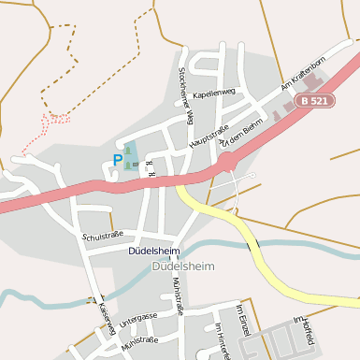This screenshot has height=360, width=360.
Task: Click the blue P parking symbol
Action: coord(117,160)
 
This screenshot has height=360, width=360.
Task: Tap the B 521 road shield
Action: coord(314,100)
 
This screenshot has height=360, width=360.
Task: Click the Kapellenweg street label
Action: coord(214,94)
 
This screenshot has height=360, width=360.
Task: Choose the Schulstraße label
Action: coord(103,236)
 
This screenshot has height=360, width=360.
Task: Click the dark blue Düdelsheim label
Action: coord(155,252)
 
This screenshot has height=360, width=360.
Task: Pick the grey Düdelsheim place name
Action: coord(182,266)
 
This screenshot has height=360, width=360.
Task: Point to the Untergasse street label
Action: coord(138,319)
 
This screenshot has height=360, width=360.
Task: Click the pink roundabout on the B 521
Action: coord(225,162)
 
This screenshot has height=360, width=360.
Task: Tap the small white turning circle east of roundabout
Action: coord(251,175)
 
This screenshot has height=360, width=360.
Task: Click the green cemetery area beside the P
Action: coord(129,153)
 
